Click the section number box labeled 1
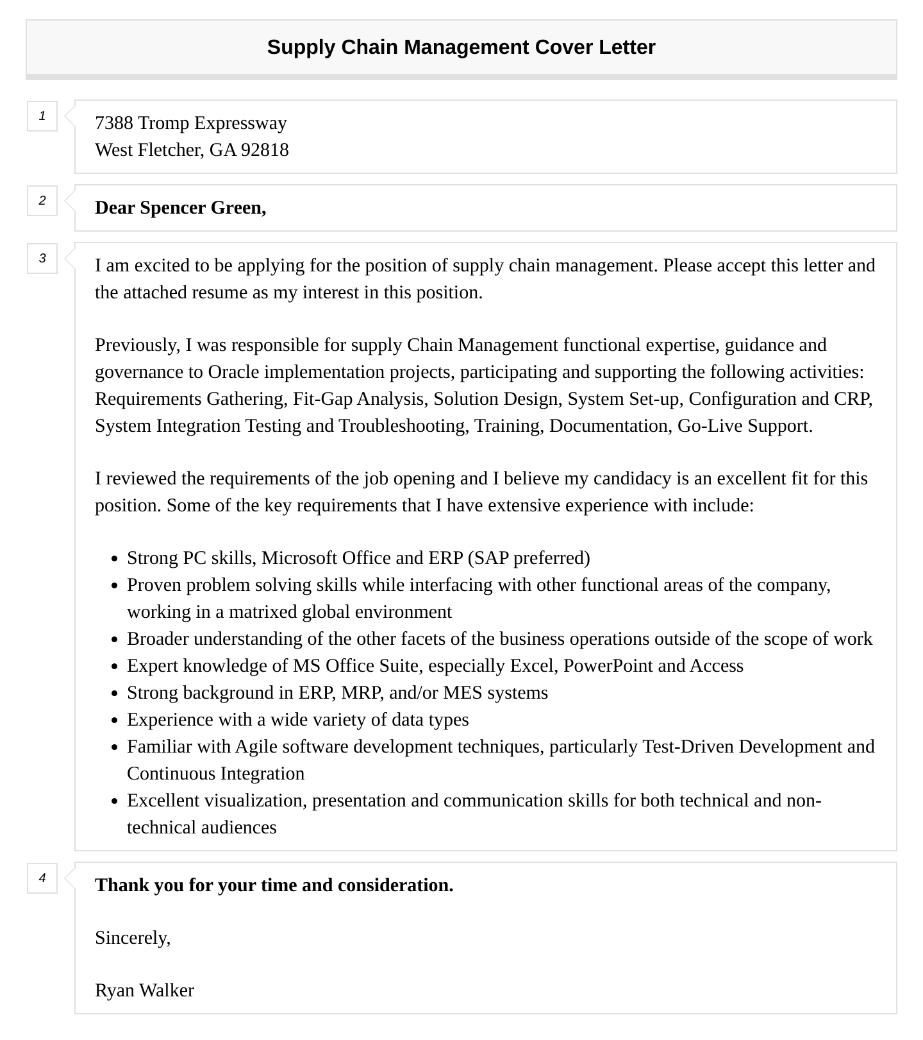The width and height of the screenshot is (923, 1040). (x=42, y=116)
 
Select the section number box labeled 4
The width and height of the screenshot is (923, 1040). (x=42, y=878)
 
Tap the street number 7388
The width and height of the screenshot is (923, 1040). (x=113, y=123)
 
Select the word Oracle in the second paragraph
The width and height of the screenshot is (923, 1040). (x=233, y=372)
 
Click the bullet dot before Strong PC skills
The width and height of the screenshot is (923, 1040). (x=115, y=559)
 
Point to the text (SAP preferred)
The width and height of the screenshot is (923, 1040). (x=529, y=558)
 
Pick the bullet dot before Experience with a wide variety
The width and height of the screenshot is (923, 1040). (x=115, y=720)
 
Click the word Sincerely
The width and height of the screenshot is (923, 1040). (x=132, y=938)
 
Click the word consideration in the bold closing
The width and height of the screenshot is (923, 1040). (x=395, y=885)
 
